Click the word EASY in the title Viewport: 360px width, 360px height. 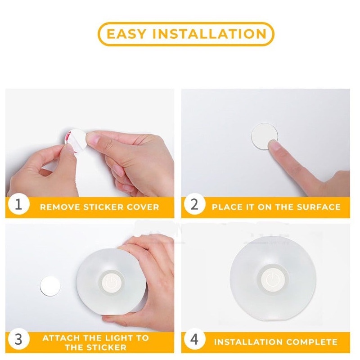[x=126, y=34]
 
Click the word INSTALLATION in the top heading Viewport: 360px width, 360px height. [x=209, y=34]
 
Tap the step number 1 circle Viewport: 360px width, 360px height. [x=18, y=204]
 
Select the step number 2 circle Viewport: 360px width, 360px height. [x=194, y=204]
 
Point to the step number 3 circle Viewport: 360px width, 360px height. [x=18, y=339]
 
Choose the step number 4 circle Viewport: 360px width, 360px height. [x=194, y=339]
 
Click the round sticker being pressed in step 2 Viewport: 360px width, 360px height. [x=264, y=136]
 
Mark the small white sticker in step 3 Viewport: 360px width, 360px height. [x=50, y=286]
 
